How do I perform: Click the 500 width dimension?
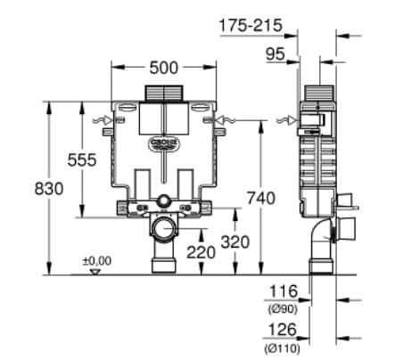(x=163, y=68)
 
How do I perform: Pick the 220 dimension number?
(x=202, y=252)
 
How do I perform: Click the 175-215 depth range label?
(x=251, y=26)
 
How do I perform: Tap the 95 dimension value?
(x=275, y=54)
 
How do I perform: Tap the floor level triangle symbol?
(x=95, y=270)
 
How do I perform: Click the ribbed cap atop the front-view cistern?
(x=163, y=93)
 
